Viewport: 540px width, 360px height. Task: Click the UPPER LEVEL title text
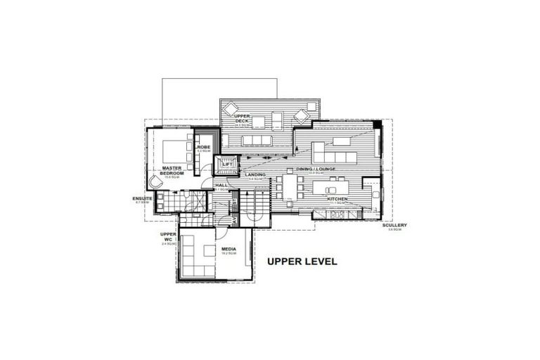[302, 262]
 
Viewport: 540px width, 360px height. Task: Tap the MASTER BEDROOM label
[172, 171]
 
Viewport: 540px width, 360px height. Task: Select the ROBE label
[204, 147]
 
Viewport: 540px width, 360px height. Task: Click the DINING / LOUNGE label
[314, 169]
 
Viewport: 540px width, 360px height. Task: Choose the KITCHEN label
[337, 199]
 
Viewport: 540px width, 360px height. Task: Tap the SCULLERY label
[394, 226]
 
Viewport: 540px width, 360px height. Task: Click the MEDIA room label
[229, 249]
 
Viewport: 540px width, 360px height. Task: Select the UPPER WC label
[167, 236]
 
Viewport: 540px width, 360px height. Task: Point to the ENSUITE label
[142, 199]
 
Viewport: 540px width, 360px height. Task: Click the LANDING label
[255, 174]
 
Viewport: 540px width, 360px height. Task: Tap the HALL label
[221, 186]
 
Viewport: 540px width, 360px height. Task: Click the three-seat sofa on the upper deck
[256, 141]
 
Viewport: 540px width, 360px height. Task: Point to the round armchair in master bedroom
[155, 182]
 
